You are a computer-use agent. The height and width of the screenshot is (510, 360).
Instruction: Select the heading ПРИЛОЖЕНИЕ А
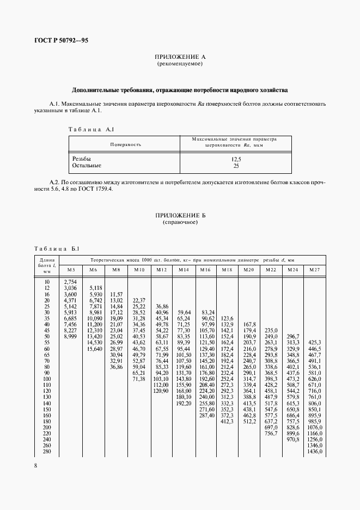coord(180,57)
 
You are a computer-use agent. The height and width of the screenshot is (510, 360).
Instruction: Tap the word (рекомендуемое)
coord(180,64)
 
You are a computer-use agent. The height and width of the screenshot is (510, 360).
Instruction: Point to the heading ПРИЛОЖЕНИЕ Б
coord(180,216)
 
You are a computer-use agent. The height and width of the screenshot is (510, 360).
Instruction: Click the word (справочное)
coord(180,223)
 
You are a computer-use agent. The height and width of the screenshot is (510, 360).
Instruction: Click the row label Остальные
coord(87,165)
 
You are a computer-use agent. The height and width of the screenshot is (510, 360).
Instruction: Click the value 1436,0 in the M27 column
coord(314,452)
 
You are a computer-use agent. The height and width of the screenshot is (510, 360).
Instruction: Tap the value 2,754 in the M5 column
coord(71,281)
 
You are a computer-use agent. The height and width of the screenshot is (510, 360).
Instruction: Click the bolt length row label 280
coord(46,452)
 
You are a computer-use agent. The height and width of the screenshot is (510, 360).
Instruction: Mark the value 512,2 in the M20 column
coord(249,421)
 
